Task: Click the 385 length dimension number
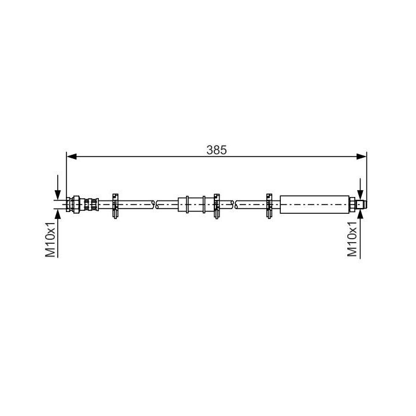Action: click(x=217, y=149)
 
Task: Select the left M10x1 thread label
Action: click(x=51, y=239)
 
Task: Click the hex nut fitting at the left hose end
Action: click(x=73, y=204)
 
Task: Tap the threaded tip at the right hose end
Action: click(x=360, y=204)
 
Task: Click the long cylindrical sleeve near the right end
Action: click(x=314, y=204)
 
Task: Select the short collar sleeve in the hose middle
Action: click(x=192, y=204)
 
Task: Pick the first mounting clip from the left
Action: click(x=116, y=205)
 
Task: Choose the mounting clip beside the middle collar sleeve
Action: click(x=218, y=205)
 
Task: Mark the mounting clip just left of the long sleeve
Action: click(x=269, y=205)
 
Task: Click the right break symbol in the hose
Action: click(x=234, y=204)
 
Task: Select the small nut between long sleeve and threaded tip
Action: click(x=351, y=204)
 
